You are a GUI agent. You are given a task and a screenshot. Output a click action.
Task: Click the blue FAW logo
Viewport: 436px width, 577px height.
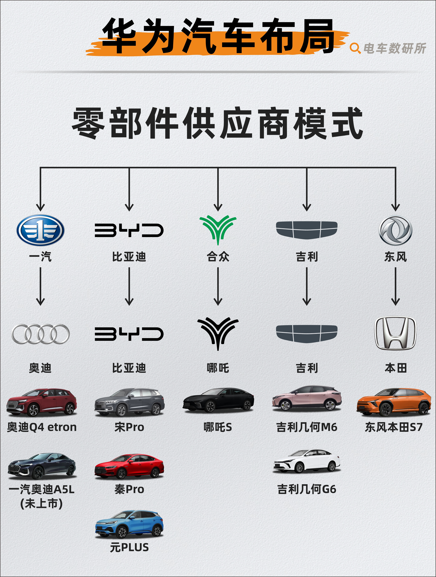[x=40, y=230]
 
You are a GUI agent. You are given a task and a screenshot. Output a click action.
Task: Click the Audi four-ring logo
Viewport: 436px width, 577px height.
[x=40, y=334]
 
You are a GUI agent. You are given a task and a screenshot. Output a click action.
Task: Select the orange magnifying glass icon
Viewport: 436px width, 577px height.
[x=355, y=48]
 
